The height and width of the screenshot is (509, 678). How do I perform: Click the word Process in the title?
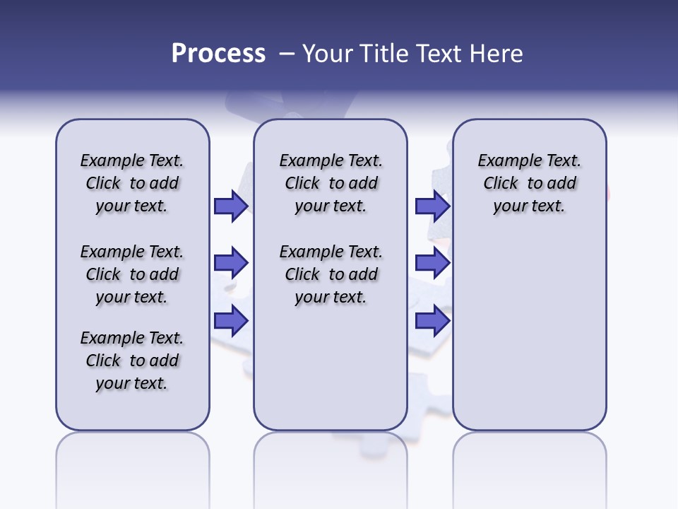(218, 54)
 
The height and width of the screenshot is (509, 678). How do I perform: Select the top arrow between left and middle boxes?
(231, 206)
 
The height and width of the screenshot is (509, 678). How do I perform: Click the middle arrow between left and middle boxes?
(231, 263)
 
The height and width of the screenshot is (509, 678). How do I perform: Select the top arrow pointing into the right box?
(432, 206)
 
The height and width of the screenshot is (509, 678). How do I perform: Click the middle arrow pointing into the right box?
(432, 263)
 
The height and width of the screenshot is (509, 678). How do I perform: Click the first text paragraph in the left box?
(132, 183)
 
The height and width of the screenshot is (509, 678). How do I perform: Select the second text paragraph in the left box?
(132, 274)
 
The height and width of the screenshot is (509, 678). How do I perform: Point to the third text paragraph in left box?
(132, 361)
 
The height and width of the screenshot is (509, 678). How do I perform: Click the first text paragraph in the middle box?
(331, 183)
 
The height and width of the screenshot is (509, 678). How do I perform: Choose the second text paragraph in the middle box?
(331, 274)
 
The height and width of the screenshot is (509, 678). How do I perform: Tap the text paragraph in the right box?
(530, 183)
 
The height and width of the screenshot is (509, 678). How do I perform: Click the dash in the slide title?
(287, 54)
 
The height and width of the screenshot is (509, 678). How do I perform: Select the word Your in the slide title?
(328, 54)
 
